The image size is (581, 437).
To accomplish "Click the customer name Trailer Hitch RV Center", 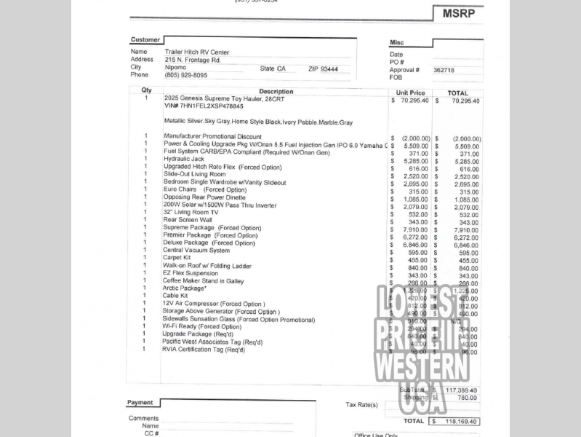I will [x=196, y=52].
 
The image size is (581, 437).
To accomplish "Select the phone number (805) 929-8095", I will [x=185, y=75].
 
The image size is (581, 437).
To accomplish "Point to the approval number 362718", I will [x=444, y=71].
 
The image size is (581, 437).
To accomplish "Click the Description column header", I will [x=276, y=92].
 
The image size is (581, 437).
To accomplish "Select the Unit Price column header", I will [x=411, y=93].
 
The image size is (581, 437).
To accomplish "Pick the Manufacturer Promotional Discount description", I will [x=212, y=136].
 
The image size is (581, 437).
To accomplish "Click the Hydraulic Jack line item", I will [x=184, y=159].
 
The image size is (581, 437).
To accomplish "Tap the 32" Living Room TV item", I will [x=191, y=213].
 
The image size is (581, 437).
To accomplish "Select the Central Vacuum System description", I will [x=196, y=251].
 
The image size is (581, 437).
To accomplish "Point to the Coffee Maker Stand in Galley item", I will [x=203, y=281].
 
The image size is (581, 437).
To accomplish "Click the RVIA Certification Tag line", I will [x=203, y=350].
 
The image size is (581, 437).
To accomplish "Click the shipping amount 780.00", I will [x=467, y=398].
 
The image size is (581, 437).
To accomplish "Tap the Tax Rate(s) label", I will [x=361, y=405].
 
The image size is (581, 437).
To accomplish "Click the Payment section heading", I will [x=140, y=403].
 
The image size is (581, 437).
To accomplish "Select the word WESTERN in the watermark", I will [x=421, y=366].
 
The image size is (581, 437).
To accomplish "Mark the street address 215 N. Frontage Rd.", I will [x=193, y=60].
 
